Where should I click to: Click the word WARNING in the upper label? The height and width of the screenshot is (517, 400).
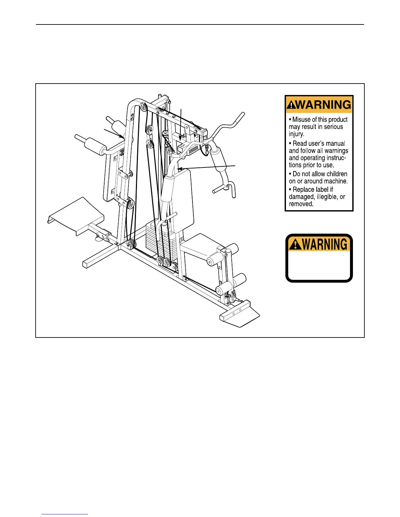324,105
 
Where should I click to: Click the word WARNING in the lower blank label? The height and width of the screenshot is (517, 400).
325,244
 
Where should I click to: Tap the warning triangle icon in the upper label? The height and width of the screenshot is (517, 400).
291,105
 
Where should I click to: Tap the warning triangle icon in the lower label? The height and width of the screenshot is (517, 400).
295,244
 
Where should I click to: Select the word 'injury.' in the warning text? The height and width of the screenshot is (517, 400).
296,134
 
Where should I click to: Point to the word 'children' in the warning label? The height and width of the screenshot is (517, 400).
334,174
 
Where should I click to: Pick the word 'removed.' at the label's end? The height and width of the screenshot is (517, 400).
301,204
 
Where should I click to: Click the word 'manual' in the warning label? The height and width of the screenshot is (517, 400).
336,144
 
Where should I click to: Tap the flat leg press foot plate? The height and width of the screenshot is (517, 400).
75,215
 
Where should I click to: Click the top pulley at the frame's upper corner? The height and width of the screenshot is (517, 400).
143,106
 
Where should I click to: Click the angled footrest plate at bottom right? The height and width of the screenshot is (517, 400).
240,317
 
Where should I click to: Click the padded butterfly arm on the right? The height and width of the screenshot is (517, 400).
218,160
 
